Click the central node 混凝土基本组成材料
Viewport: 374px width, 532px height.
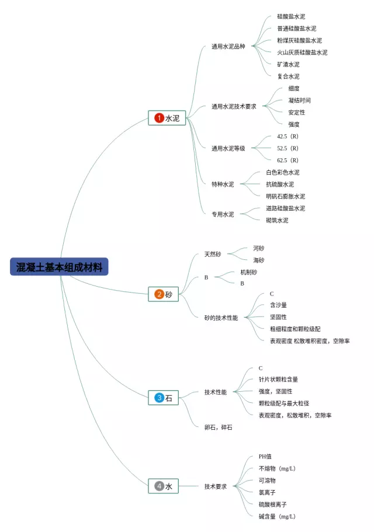pyautogui.click(x=60, y=267)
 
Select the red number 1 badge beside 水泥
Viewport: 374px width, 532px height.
pyautogui.click(x=159, y=118)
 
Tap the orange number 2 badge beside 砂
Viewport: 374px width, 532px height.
pyautogui.click(x=159, y=294)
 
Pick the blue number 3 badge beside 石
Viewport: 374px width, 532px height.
pyautogui.click(x=159, y=398)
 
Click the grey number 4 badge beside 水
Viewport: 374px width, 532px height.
pyautogui.click(x=159, y=486)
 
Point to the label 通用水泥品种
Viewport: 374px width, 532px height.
pyautogui.click(x=228, y=47)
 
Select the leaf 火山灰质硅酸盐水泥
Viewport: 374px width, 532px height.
pyautogui.click(x=302, y=53)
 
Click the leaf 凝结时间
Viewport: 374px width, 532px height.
pyautogui.click(x=299, y=100)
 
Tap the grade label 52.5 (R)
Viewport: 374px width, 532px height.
pyautogui.click(x=288, y=148)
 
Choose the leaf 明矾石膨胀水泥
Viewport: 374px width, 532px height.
pyautogui.click(x=285, y=196)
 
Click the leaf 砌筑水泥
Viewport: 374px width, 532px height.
pyautogui.click(x=277, y=220)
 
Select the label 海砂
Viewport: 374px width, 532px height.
pyautogui.click(x=258, y=260)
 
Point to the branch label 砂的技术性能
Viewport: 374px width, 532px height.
pyautogui.click(x=221, y=318)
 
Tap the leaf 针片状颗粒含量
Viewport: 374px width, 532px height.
pyautogui.click(x=278, y=380)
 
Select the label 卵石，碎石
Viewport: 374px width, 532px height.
pyautogui.click(x=218, y=427)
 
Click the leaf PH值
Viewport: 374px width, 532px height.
pyautogui.click(x=265, y=457)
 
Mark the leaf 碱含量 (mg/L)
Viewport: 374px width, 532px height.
pyautogui.click(x=277, y=516)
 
